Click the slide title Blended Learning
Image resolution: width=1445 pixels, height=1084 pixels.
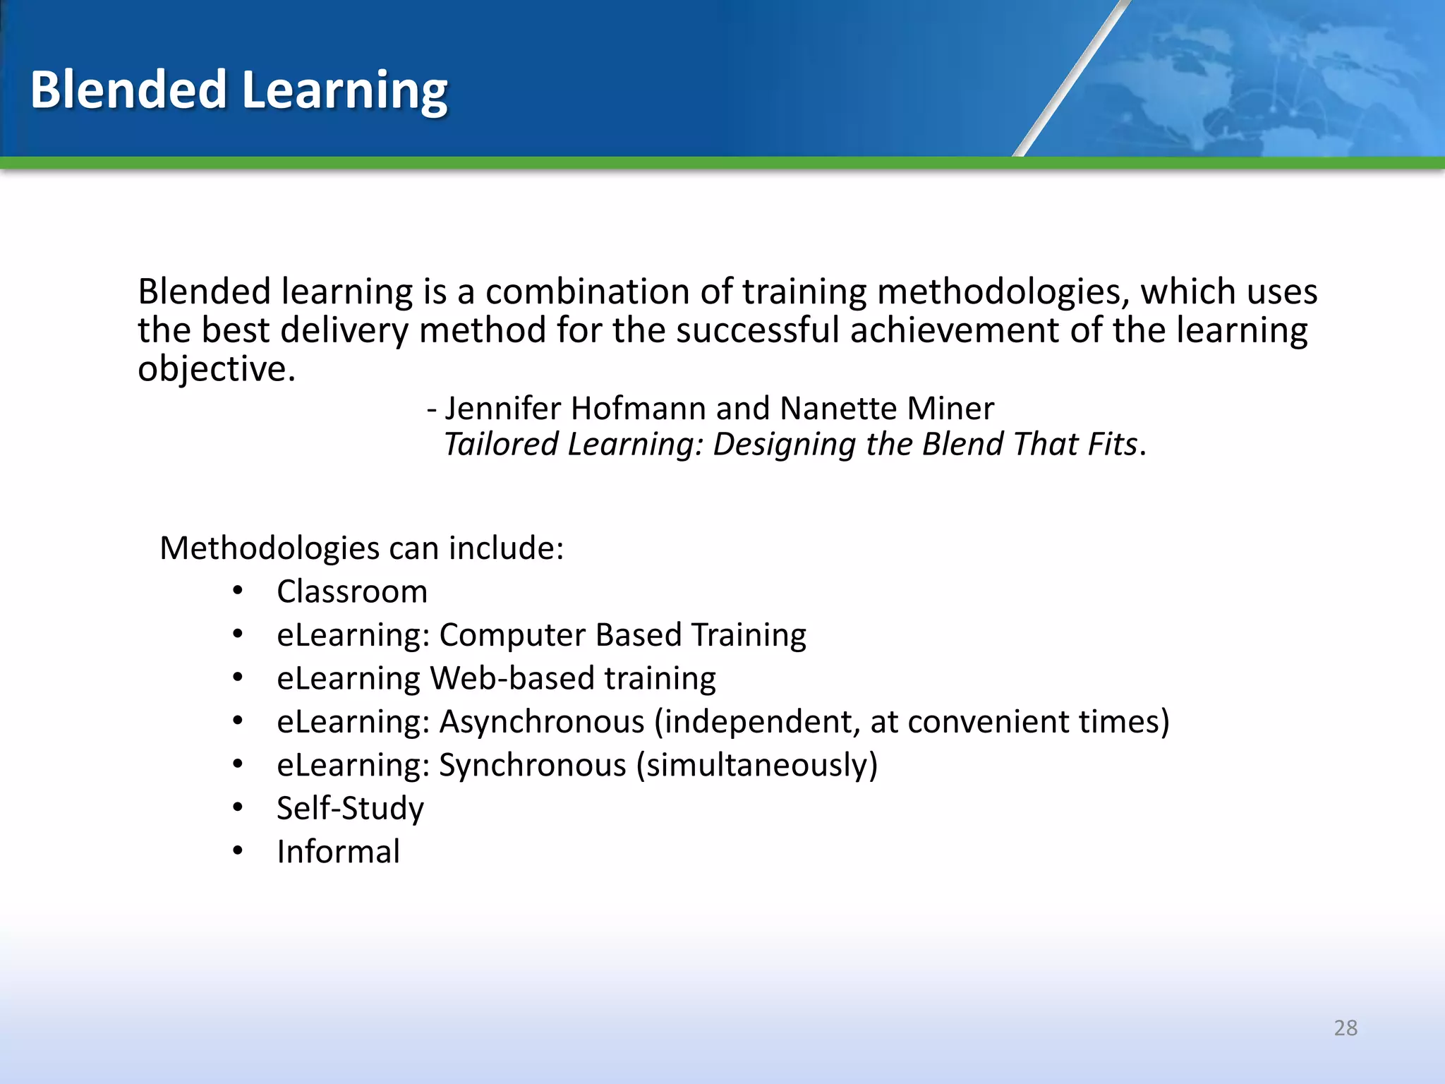[x=238, y=90]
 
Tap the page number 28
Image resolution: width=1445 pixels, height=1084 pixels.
[x=1345, y=1028]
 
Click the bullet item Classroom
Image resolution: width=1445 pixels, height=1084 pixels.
[x=352, y=591]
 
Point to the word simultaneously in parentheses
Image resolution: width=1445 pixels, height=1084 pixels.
[x=756, y=766]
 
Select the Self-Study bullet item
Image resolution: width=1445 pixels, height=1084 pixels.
[x=350, y=809]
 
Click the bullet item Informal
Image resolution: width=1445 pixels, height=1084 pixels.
[x=338, y=852]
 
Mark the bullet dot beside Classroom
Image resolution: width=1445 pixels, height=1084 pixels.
[x=238, y=591]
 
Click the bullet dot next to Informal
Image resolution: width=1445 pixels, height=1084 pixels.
[x=238, y=851]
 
